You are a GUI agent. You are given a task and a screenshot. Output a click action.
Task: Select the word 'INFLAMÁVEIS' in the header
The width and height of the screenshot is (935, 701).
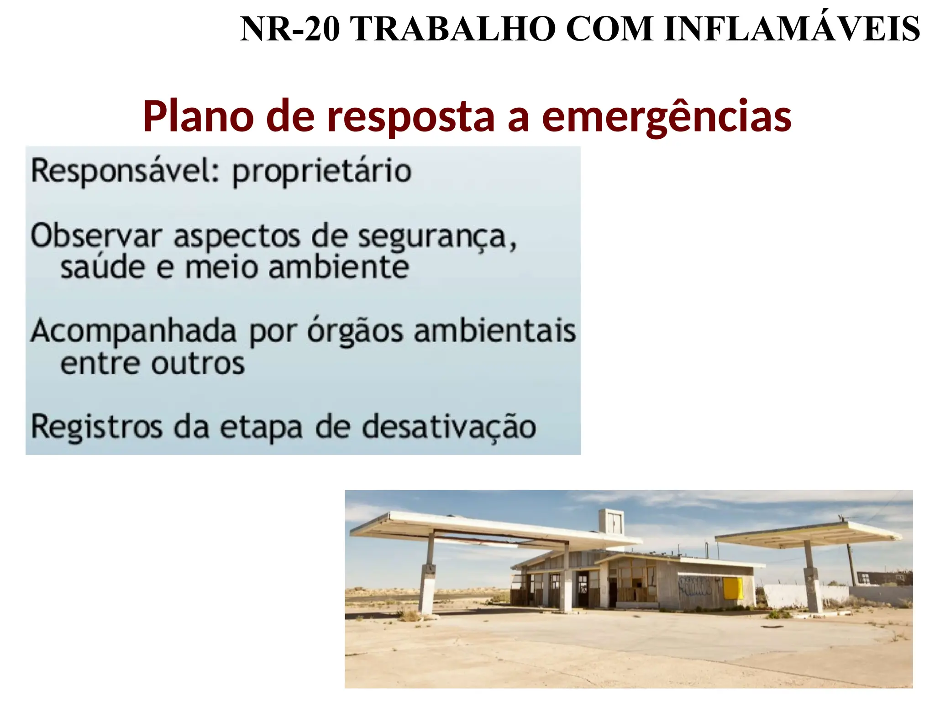(x=792, y=29)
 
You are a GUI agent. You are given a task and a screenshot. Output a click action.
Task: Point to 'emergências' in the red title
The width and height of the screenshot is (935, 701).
(x=667, y=117)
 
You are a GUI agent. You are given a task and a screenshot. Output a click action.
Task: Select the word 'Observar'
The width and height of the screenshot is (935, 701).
(x=96, y=236)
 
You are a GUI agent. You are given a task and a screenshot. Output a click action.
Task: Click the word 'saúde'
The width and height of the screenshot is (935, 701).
(x=102, y=267)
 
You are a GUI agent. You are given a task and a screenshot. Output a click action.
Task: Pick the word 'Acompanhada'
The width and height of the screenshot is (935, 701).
(x=133, y=332)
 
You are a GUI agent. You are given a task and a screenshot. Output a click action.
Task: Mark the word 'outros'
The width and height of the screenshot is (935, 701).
(x=198, y=364)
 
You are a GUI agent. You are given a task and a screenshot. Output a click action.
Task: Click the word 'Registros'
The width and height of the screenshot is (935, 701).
(x=96, y=428)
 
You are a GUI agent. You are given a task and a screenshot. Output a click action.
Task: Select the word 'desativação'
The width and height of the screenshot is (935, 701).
(x=449, y=428)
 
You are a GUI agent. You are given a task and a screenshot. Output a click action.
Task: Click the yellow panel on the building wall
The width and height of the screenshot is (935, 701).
(x=732, y=588)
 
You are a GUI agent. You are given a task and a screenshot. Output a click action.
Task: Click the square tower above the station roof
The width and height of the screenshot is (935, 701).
(x=611, y=522)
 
